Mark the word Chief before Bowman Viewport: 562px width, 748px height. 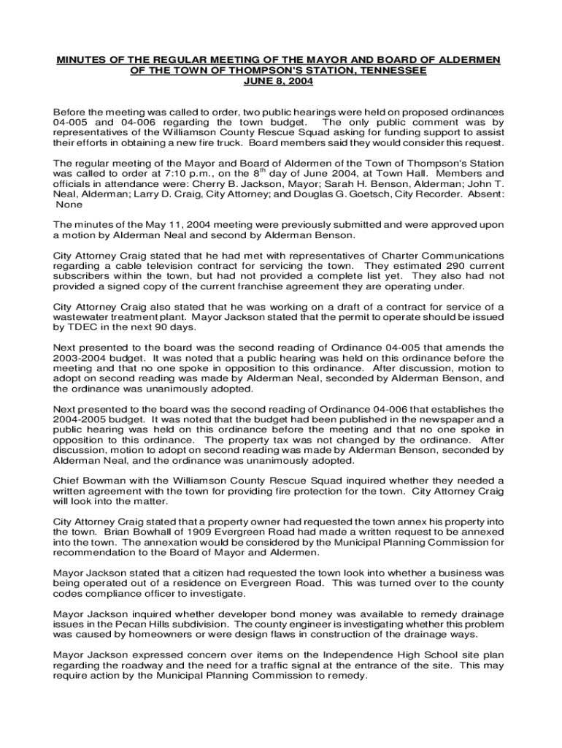point(67,481)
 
